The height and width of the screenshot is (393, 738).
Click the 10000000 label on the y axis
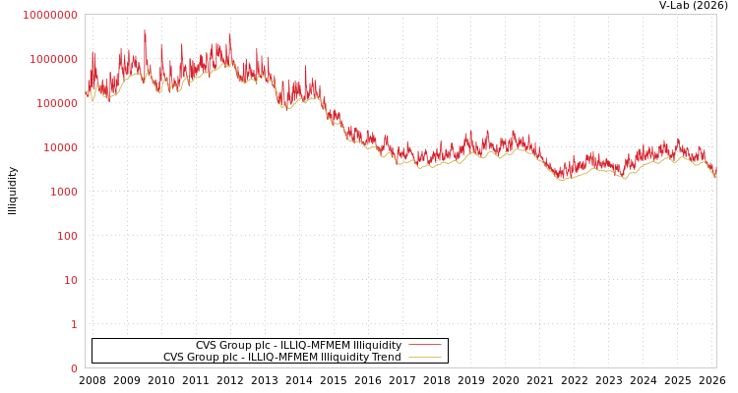(x=49, y=15)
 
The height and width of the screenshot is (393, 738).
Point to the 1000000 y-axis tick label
(x=53, y=59)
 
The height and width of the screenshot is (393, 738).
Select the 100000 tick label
(x=56, y=103)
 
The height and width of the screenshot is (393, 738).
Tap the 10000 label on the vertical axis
(x=59, y=147)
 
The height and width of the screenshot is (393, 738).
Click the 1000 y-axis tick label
(x=62, y=192)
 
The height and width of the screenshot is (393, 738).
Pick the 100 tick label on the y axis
(x=66, y=236)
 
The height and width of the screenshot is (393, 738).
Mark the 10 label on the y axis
(x=70, y=280)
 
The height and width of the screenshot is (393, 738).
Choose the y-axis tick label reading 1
(x=74, y=324)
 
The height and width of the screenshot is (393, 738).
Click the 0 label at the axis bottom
(x=74, y=368)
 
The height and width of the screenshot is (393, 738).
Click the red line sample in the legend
(x=424, y=345)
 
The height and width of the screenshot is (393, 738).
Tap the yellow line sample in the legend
(x=424, y=357)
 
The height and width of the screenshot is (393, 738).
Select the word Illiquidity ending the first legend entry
(x=378, y=346)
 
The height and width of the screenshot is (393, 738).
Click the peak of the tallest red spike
(x=145, y=29)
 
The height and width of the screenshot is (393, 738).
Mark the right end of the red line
(x=715, y=176)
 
